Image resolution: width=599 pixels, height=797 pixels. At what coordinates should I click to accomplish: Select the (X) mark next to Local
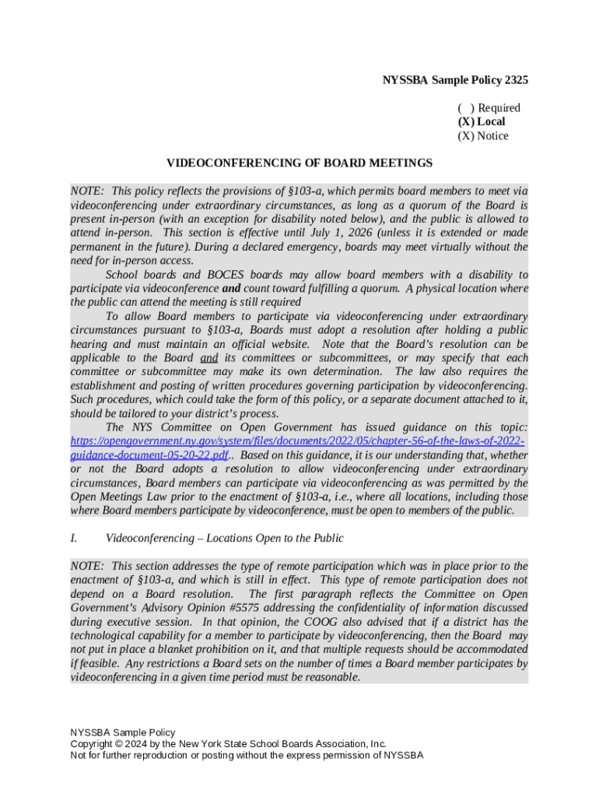[466, 122]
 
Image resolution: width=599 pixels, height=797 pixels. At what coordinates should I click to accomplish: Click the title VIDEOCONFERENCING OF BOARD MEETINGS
[299, 163]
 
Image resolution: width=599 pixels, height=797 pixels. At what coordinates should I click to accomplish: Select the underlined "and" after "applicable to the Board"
[208, 359]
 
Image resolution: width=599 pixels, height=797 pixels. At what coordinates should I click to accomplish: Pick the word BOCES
[227, 275]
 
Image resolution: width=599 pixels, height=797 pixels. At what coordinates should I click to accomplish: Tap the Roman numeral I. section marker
[74, 539]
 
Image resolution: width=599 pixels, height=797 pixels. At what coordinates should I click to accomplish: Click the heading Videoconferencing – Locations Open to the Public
[224, 539]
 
